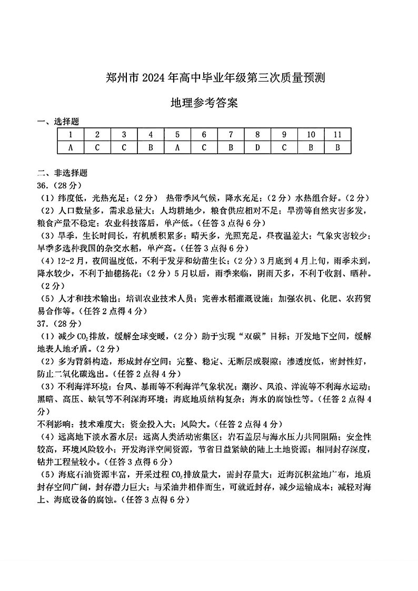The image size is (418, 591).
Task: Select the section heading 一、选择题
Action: pyautogui.click(x=58, y=122)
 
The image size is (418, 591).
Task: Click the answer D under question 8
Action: pyautogui.click(x=257, y=147)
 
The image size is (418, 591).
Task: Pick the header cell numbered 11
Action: pyautogui.click(x=337, y=135)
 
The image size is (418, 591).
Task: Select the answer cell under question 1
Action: pyautogui.click(x=71, y=147)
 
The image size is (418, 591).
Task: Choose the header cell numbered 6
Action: pyautogui.click(x=204, y=135)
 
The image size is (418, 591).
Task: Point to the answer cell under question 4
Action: pyautogui.click(x=151, y=147)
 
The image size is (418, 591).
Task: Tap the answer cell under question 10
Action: pyautogui.click(x=311, y=147)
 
